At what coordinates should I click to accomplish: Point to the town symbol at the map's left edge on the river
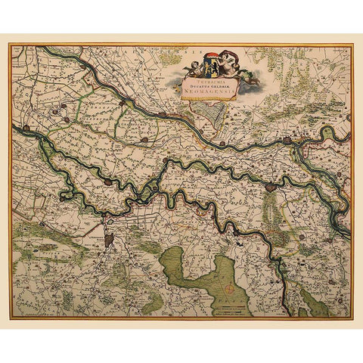click(x=16, y=129)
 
